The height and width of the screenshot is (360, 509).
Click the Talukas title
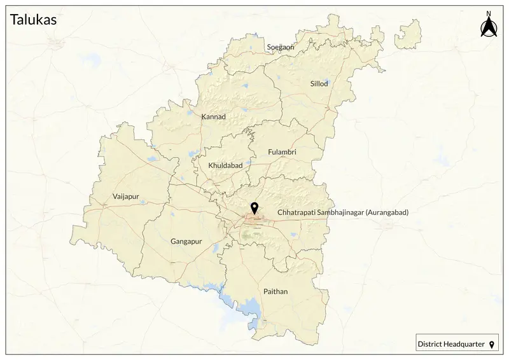click(33, 20)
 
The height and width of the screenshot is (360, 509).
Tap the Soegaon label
click(281, 47)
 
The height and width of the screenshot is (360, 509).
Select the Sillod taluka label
click(319, 84)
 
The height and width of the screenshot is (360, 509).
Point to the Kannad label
click(213, 117)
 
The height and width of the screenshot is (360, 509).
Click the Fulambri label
click(282, 152)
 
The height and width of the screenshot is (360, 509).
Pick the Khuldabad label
click(226, 165)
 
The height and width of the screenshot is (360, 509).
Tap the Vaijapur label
click(125, 197)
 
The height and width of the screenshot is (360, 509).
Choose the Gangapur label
click(186, 242)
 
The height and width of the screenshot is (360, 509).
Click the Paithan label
click(275, 291)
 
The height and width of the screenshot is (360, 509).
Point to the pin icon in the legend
click(491, 344)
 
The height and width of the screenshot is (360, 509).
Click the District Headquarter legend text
click(450, 344)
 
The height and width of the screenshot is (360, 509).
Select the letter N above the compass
click(488, 13)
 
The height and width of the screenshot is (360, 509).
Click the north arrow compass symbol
click(488, 28)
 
